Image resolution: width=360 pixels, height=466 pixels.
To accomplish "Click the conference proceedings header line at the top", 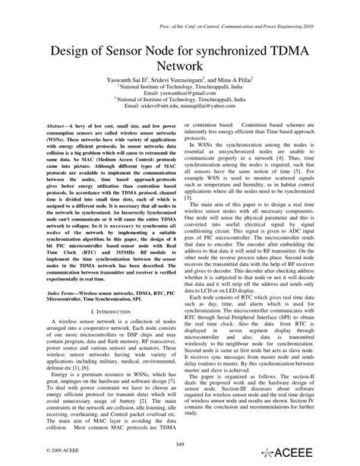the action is (251, 11).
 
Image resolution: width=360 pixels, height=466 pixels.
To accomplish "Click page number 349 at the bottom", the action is (180, 443).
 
